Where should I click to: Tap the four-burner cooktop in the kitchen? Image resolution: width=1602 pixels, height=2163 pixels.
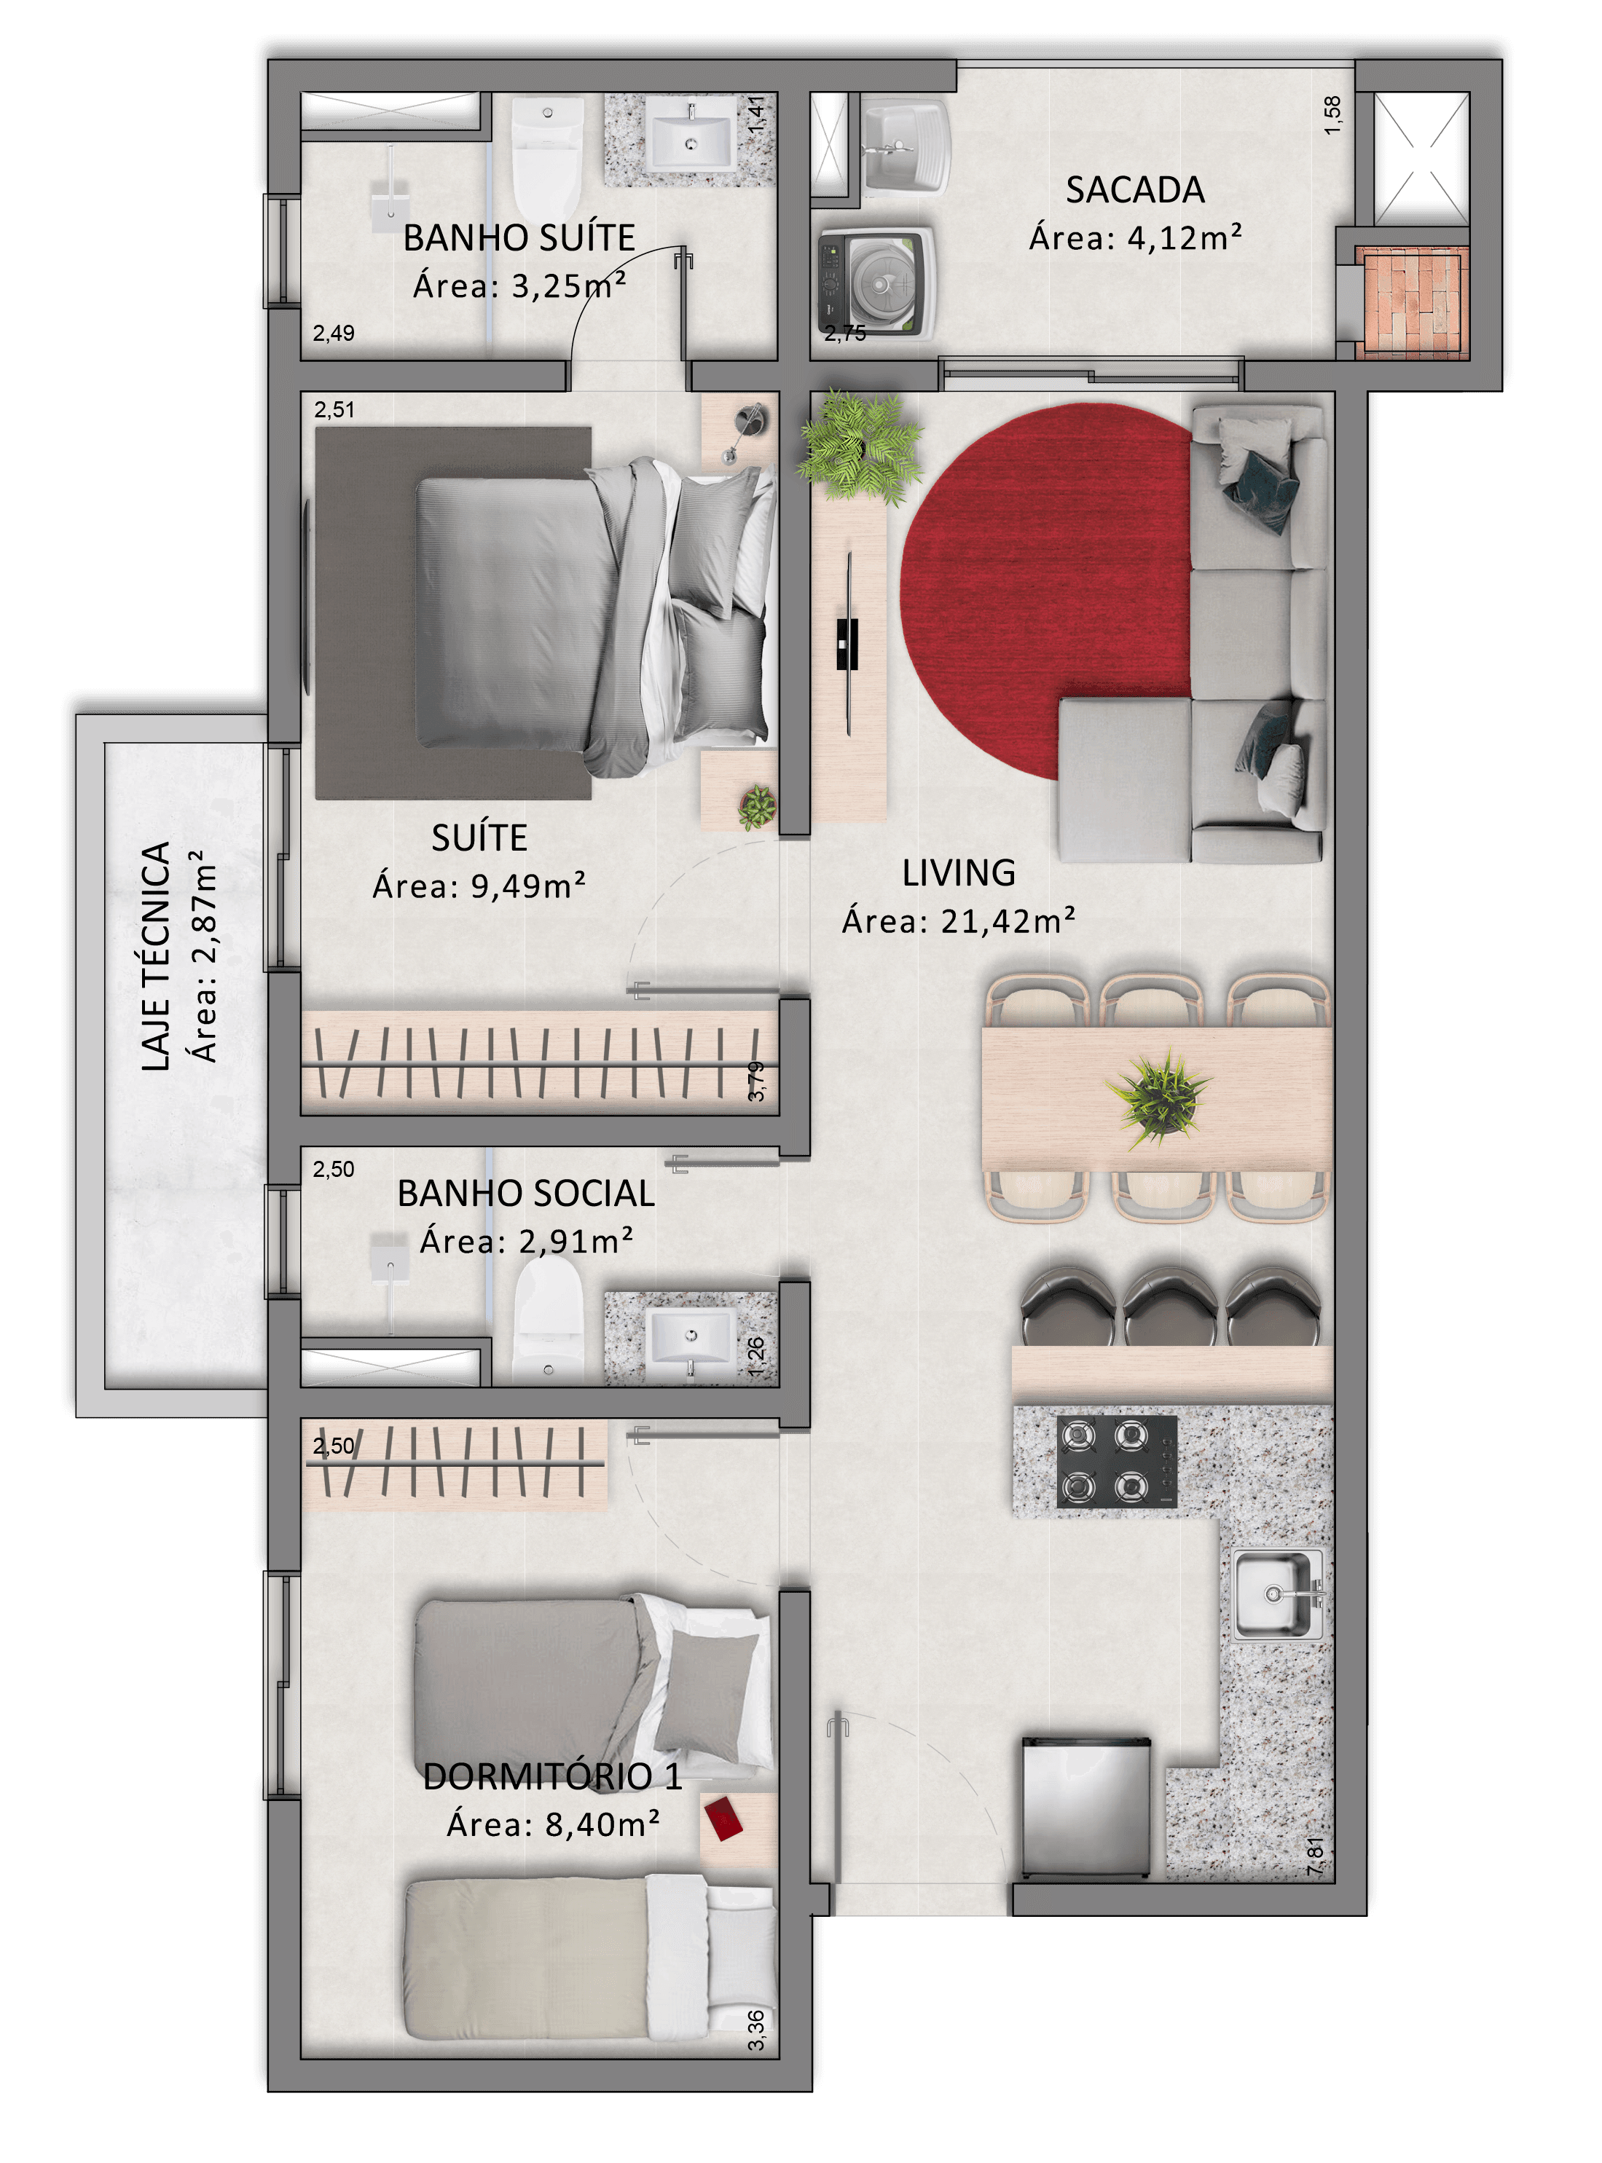click(1117, 1461)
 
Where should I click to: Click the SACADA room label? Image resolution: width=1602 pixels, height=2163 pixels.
click(1134, 190)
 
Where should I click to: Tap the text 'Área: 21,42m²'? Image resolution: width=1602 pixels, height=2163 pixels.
click(958, 920)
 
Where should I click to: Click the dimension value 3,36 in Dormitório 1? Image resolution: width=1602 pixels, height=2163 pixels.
click(756, 2031)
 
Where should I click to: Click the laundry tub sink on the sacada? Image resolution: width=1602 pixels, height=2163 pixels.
click(904, 146)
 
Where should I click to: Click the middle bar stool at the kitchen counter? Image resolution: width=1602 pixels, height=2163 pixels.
click(1169, 1305)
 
